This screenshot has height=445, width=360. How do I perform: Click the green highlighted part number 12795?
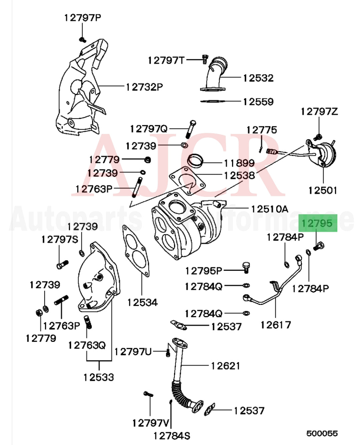click(x=317, y=223)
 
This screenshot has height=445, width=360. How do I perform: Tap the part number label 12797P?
click(x=82, y=18)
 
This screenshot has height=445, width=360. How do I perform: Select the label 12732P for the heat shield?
click(x=144, y=87)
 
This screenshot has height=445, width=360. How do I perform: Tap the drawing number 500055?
click(x=322, y=433)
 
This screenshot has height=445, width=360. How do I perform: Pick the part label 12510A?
click(x=269, y=209)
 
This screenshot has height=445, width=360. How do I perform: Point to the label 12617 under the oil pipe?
click(x=276, y=324)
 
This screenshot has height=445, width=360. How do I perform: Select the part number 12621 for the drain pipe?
click(x=225, y=366)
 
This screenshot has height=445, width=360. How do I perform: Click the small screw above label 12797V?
click(x=148, y=394)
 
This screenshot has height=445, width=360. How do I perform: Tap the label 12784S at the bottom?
click(x=171, y=435)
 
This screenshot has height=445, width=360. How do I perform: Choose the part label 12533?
click(x=99, y=377)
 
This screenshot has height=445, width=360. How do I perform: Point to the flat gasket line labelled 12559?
click(x=213, y=101)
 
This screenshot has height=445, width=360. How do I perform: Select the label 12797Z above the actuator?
click(x=319, y=111)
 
